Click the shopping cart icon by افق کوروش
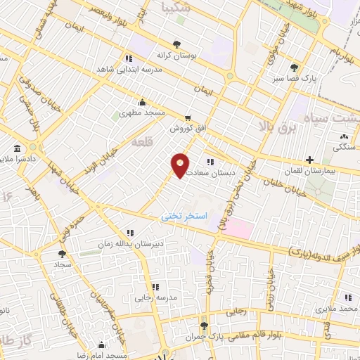pos(188,118)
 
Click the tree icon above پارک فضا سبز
pos(295,67)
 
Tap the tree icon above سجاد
pos(62,253)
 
